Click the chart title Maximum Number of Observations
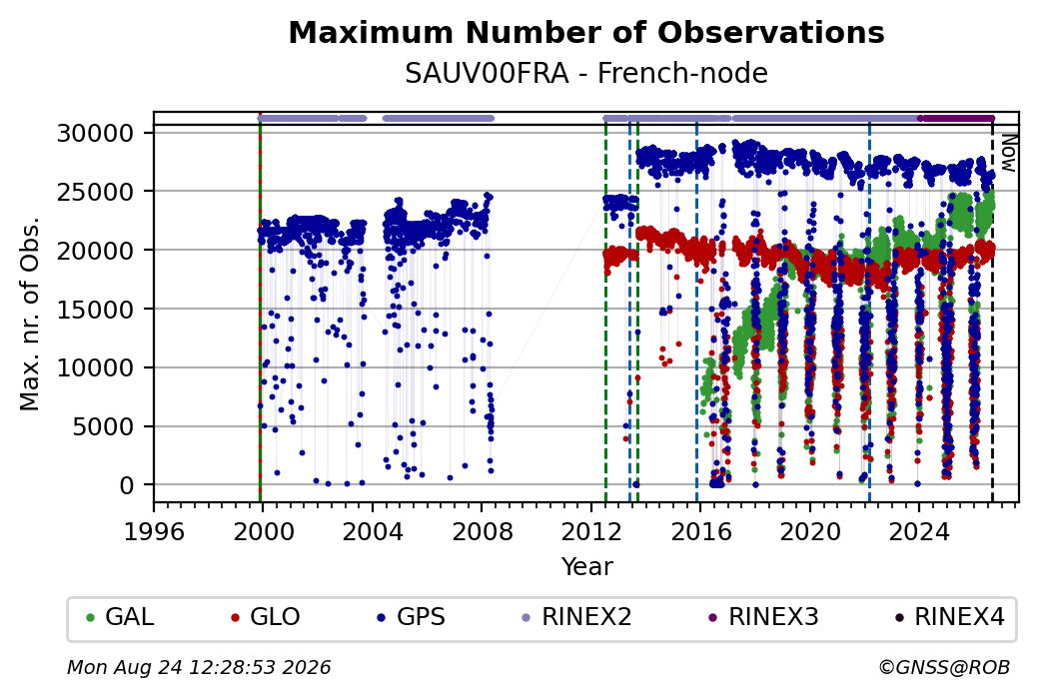tap(586, 32)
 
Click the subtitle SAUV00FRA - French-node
tap(586, 73)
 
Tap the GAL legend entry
tap(120, 617)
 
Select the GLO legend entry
tap(265, 617)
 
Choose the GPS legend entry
tap(411, 617)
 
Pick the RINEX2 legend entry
tap(577, 617)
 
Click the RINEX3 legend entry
tap(764, 617)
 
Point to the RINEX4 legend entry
tap(950, 617)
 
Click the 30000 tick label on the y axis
tap(96, 133)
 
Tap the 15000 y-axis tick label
tap(96, 310)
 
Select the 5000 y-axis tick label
tap(103, 426)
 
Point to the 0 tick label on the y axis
tap(127, 485)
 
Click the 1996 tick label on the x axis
tap(155, 532)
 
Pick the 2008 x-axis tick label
tap(483, 532)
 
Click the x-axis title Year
tap(587, 567)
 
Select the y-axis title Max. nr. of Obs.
tap(30, 314)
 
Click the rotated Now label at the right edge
tap(1008, 153)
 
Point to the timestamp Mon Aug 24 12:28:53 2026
tap(199, 667)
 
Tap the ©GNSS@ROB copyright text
tap(945, 667)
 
